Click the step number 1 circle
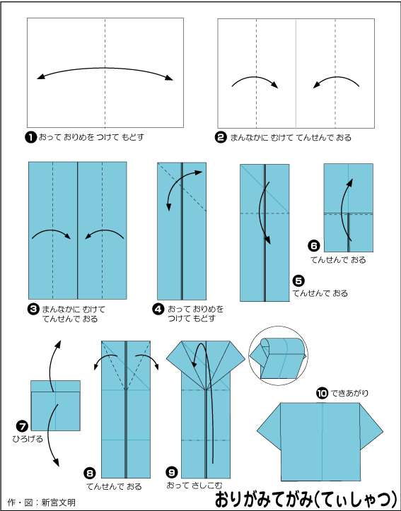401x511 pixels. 30,138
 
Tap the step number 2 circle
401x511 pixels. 221,138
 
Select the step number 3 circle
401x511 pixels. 33,310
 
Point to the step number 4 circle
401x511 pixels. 158,309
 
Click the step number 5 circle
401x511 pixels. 298,281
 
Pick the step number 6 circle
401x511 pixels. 314,245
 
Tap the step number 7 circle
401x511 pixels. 22,426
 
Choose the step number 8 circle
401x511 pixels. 90,473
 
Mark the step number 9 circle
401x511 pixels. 171,472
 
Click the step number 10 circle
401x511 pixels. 322,394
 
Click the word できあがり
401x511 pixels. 349,394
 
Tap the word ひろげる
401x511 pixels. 28,439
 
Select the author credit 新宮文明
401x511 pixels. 59,503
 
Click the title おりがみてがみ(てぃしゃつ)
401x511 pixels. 306,498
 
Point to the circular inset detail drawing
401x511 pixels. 278,356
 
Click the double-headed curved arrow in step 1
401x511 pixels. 105,68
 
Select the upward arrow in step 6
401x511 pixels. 344,208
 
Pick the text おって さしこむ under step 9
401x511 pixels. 194,486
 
